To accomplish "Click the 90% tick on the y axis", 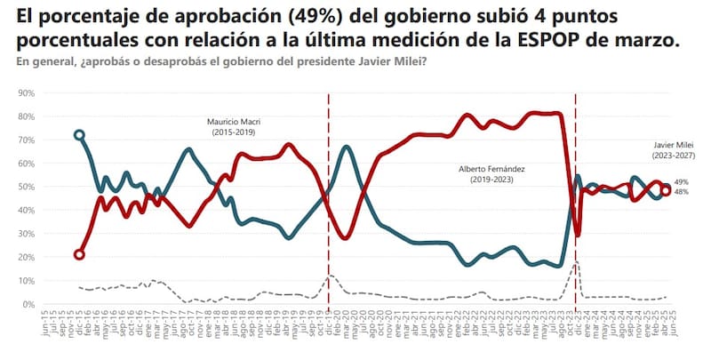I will [25, 92].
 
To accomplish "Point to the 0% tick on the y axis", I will [28, 304].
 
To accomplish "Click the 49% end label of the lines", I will [683, 181].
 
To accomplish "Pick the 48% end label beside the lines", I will [683, 192].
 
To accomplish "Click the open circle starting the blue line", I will [79, 135].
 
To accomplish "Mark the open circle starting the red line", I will [79, 254].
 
